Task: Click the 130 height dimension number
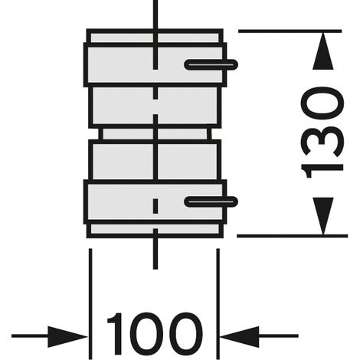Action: tap(322, 133)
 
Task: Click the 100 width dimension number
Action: tap(155, 334)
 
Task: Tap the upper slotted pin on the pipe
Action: tap(211, 65)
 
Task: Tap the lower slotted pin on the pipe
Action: tap(211, 201)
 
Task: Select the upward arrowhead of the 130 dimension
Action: tap(323, 50)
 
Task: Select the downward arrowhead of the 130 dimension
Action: tap(323, 216)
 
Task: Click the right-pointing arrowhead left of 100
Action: tap(68, 336)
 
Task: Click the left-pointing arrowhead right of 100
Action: tap(239, 336)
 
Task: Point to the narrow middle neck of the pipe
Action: tap(155, 134)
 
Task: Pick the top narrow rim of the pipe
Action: tap(155, 38)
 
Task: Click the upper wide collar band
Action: tap(155, 65)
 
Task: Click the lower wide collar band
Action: tap(155, 201)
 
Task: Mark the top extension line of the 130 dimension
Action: tap(290, 31)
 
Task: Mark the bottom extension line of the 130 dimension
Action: tap(292, 236)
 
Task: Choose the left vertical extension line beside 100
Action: tap(90, 304)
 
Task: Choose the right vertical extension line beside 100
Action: tap(218, 304)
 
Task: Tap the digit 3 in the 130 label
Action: tap(322, 142)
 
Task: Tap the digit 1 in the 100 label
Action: tap(116, 334)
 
